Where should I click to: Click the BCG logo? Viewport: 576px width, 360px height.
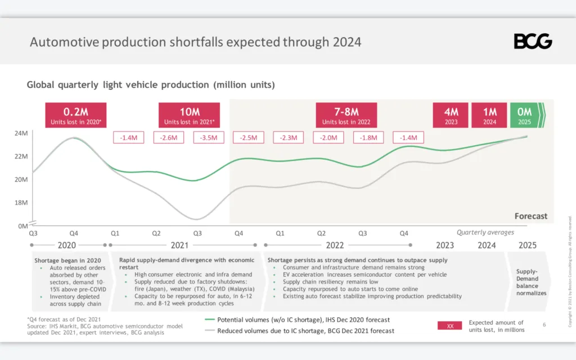coord(533,41)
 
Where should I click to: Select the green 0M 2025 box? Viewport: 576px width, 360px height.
coord(525,115)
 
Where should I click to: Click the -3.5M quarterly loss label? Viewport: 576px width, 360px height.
coord(209,138)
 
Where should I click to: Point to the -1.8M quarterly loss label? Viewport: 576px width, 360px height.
coord(368,138)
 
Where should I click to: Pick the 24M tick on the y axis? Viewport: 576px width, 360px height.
coord(20,134)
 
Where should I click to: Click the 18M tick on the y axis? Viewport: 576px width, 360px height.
coord(20,202)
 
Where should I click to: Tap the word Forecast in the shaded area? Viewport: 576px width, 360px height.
coord(530,216)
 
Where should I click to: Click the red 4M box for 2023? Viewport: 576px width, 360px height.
coord(450,115)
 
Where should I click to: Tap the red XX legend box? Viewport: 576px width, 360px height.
coord(449,326)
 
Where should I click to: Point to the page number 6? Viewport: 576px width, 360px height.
coord(544,325)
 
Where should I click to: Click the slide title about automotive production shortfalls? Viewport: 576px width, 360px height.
coord(195,42)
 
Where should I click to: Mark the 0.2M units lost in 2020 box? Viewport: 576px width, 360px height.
coord(75,115)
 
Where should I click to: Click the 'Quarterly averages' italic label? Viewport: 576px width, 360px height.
coord(485,232)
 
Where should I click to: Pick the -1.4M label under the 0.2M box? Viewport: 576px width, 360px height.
coord(129,138)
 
